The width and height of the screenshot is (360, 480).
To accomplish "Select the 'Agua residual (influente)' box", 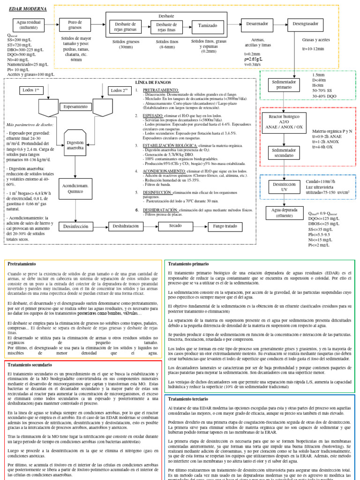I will [28, 25].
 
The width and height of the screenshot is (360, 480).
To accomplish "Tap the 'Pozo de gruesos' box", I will [75, 25].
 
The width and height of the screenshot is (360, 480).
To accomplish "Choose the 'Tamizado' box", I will [208, 26].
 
